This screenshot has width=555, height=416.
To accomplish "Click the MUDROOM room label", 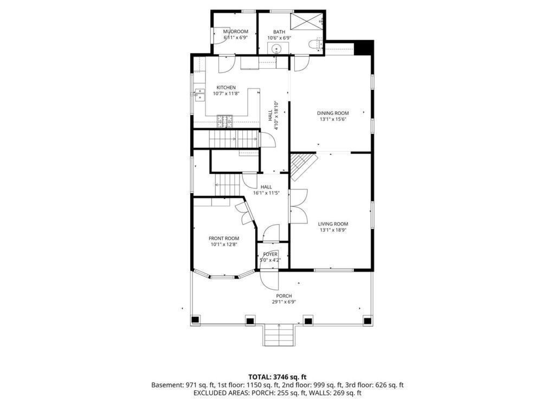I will [x=236, y=31].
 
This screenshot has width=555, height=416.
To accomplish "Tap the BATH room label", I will [x=279, y=31].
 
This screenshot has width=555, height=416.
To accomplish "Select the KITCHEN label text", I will [x=226, y=88].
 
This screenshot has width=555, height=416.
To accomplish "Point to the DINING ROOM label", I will [x=333, y=113].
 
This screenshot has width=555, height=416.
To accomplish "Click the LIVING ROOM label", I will [x=333, y=224].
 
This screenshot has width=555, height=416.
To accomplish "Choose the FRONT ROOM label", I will [x=224, y=238].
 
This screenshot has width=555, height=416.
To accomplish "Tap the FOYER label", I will [x=270, y=254].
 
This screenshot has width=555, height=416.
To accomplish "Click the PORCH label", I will [x=284, y=296].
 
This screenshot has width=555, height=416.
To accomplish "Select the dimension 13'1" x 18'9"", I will [x=333, y=230].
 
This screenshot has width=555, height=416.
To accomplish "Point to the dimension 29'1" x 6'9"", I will [x=284, y=302].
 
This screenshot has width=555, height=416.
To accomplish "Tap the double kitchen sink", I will [x=198, y=95].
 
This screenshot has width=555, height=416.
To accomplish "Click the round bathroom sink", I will [x=277, y=49].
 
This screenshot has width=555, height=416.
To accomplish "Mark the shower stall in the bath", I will [x=306, y=22].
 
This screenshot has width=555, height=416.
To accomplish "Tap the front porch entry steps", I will [x=279, y=335].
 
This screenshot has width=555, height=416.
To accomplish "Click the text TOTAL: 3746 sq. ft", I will [x=277, y=376].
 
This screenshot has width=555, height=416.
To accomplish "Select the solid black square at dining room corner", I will [x=364, y=47].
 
